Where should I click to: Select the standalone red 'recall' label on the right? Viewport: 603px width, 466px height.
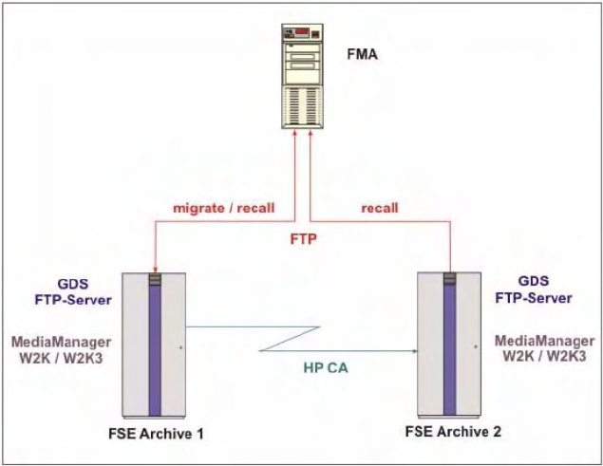380,208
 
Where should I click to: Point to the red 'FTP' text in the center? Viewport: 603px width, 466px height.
302,241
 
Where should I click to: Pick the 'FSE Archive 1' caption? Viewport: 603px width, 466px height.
159,435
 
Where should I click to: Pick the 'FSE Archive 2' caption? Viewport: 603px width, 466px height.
455,430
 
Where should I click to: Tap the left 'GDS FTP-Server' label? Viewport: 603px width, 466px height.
73,292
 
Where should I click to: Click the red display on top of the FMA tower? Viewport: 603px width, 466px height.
302,33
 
